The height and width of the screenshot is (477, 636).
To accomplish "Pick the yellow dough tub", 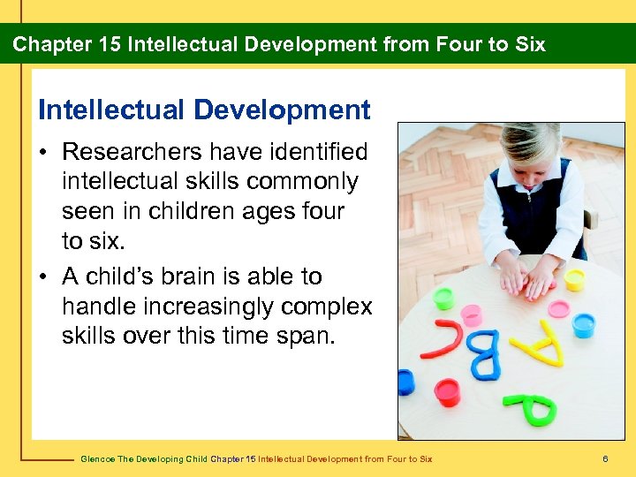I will [x=575, y=279].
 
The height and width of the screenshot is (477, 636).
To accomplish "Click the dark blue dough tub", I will [x=405, y=382].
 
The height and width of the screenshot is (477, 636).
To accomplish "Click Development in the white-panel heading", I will [x=282, y=110].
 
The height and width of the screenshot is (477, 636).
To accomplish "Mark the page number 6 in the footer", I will [x=605, y=458].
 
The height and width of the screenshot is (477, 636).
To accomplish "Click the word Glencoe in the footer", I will [x=96, y=458].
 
